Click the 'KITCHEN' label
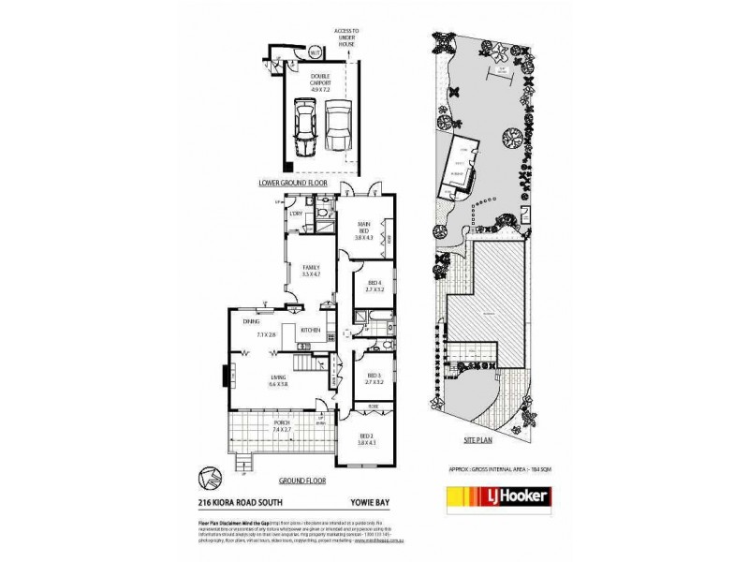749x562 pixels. click(x=311, y=330)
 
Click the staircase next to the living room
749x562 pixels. click(x=302, y=362)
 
